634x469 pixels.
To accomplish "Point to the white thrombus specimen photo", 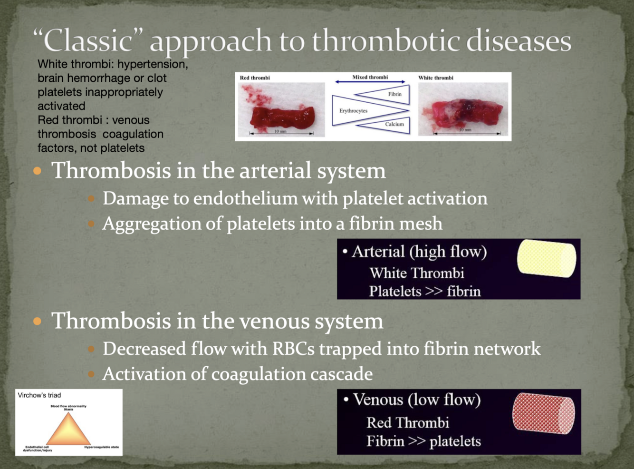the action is [463, 112].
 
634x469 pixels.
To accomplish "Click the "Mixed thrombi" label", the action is [370, 77].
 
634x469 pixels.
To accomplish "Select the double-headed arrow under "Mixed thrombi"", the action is [370, 82].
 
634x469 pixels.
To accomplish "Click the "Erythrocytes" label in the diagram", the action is [353, 111].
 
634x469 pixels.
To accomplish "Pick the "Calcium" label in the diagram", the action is [394, 125].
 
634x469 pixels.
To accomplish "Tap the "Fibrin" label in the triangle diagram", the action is [394, 94].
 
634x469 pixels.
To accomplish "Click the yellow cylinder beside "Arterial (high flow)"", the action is [546, 258].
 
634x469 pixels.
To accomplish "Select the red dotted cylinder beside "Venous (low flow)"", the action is [543, 413].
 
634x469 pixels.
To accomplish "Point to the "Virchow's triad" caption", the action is [39, 395].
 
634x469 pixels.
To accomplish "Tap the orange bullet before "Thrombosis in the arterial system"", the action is [38, 171].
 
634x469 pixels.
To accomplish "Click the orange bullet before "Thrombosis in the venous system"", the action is [38, 322].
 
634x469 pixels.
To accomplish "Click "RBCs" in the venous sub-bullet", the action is [293, 349].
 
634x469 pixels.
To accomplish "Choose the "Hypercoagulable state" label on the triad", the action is [101, 447].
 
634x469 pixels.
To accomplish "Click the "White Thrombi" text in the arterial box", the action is [417, 273].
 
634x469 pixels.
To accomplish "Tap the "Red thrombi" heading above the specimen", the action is [255, 78].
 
